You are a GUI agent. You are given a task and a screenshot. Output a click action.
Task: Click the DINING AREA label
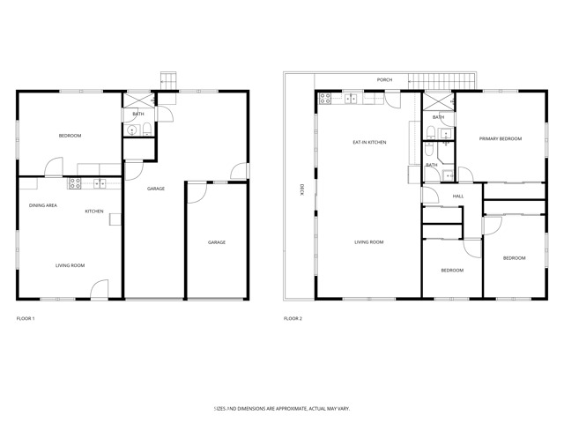click(43, 205)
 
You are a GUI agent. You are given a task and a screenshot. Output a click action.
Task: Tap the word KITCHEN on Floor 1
click(94, 211)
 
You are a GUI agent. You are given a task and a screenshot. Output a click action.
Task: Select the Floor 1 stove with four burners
click(75, 183)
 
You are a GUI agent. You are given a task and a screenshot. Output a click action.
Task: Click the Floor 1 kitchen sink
click(99, 183)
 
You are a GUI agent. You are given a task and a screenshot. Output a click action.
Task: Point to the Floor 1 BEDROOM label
click(70, 136)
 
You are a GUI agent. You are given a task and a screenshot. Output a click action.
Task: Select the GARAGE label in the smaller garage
click(217, 242)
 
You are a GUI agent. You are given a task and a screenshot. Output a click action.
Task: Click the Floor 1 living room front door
click(100, 289)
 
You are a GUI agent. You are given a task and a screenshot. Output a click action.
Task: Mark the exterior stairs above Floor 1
click(168, 81)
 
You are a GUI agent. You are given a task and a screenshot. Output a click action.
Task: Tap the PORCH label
click(384, 80)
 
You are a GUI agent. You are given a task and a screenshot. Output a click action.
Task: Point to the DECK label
click(301, 189)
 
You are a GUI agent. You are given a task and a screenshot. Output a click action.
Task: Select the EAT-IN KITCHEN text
click(369, 142)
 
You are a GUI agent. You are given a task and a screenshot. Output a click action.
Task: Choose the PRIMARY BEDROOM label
click(500, 139)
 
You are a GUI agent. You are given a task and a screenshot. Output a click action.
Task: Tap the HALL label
click(458, 197)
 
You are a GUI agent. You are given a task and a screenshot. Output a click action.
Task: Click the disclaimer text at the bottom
click(281, 409)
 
